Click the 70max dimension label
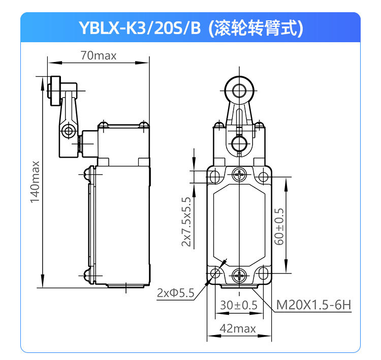[99, 55]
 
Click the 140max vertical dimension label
[35, 182]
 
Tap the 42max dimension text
[238, 328]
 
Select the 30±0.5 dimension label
[239, 305]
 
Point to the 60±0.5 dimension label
[279, 226]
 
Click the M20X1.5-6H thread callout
[314, 305]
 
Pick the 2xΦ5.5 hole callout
[175, 292]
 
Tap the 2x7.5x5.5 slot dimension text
[186, 222]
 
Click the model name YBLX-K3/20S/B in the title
[140, 28]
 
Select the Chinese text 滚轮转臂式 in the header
[256, 28]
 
